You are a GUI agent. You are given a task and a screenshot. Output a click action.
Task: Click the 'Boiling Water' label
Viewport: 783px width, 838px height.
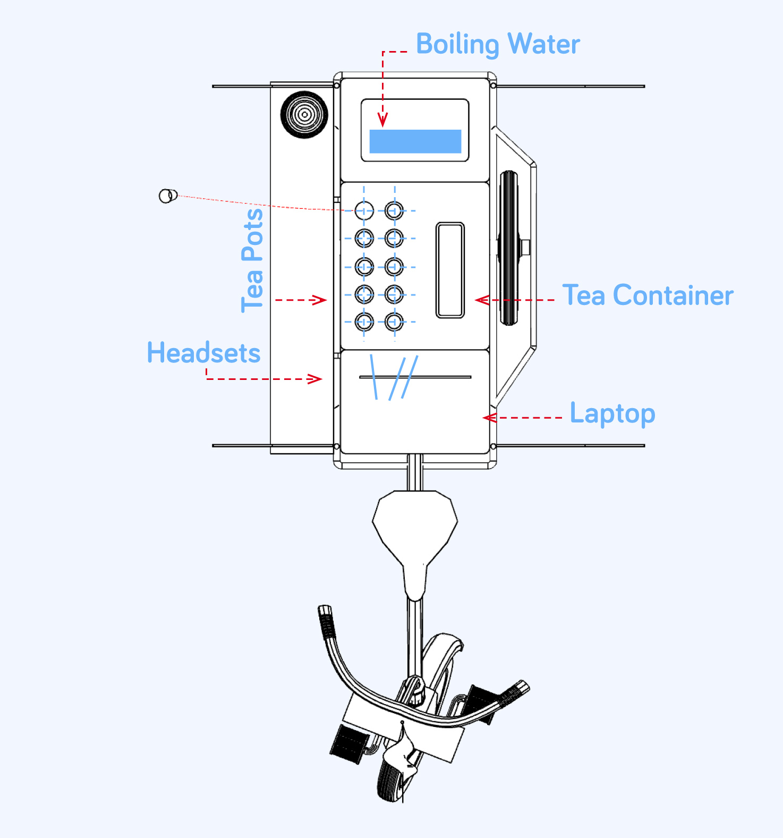(x=498, y=44)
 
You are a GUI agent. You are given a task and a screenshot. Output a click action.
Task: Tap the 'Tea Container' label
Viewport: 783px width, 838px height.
(x=648, y=295)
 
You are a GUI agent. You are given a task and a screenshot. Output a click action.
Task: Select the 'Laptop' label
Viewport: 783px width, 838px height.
(x=612, y=413)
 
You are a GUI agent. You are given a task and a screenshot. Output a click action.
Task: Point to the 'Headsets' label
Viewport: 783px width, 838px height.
(x=203, y=353)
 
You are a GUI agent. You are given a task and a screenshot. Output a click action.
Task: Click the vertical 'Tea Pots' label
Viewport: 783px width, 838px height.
(x=252, y=260)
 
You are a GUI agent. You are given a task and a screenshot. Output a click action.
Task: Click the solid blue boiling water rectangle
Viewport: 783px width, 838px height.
(x=415, y=141)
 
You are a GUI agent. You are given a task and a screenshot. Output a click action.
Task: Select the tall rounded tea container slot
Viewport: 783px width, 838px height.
(x=450, y=270)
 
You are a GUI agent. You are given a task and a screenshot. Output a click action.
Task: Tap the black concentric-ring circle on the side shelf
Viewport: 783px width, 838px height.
(x=304, y=114)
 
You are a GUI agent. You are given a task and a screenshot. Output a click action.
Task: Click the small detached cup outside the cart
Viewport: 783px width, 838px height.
(x=168, y=196)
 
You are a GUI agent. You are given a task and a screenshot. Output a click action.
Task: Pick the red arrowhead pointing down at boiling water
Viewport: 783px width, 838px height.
(x=382, y=121)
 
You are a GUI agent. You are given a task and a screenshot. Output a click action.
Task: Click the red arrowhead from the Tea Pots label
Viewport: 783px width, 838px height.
(x=320, y=300)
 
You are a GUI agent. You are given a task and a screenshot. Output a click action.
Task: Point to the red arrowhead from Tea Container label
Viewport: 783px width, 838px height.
(x=481, y=300)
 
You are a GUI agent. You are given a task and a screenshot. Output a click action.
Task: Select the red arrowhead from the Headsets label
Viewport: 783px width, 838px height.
(x=316, y=379)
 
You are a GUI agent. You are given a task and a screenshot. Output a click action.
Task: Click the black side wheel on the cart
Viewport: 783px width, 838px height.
(x=508, y=248)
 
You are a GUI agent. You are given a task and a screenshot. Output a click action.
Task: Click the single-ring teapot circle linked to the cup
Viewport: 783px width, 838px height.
(x=364, y=210)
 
